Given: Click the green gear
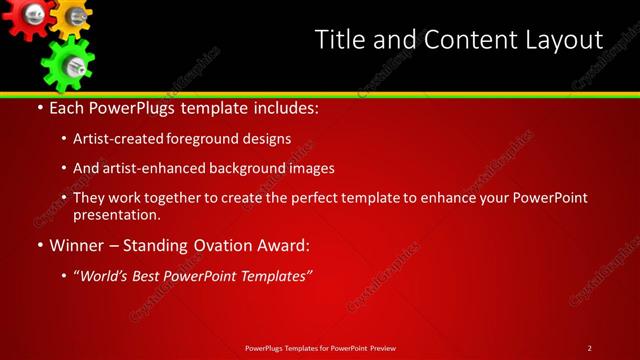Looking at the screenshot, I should pos(67,62).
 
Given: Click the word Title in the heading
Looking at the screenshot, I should pos(339,40).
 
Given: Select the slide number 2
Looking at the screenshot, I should pos(589,348).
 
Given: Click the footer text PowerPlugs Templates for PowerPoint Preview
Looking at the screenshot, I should pos(320,348).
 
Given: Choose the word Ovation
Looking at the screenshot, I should pos(214,245).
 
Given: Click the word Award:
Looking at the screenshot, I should pos(283,245).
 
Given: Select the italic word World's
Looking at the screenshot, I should pos(107,275).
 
